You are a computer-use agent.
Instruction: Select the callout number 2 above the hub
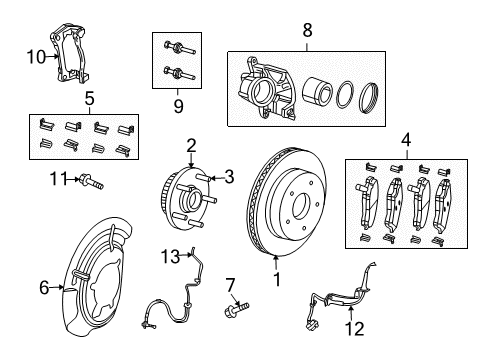[x=189, y=146]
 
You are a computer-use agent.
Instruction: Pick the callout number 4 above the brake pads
[x=406, y=141]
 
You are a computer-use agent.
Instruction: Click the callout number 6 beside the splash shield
[x=43, y=288]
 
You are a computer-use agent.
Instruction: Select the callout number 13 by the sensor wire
[x=169, y=256]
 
